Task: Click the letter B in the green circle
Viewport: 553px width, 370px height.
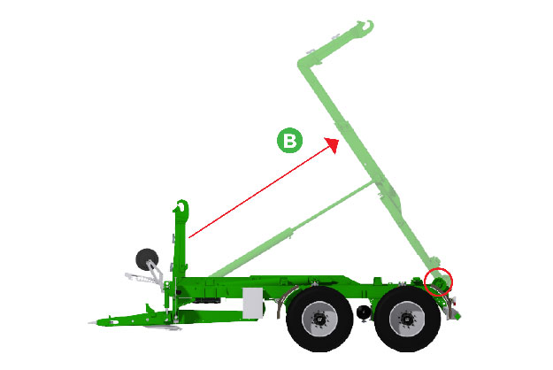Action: pyautogui.click(x=290, y=141)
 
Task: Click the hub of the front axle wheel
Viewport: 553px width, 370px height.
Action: pyautogui.click(x=319, y=319)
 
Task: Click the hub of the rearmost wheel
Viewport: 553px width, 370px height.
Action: pyautogui.click(x=407, y=320)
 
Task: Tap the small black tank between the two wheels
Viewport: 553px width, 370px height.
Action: pyautogui.click(x=364, y=312)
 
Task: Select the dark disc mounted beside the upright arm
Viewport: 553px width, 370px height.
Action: pyautogui.click(x=147, y=259)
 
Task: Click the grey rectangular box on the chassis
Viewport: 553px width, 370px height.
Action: pyautogui.click(x=253, y=303)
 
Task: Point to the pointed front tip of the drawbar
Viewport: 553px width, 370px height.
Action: pyautogui.click(x=88, y=322)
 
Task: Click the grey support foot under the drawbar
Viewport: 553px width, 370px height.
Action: pyautogui.click(x=163, y=328)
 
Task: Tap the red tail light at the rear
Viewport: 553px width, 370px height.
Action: pyautogui.click(x=454, y=301)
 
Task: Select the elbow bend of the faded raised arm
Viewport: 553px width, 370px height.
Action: pyautogui.click(x=303, y=65)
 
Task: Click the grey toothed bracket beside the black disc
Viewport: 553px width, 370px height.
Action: pyautogui.click(x=142, y=278)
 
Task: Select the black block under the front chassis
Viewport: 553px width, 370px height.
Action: pyautogui.click(x=207, y=300)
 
